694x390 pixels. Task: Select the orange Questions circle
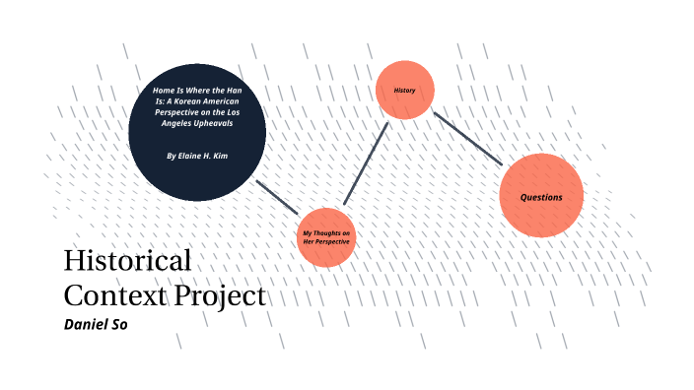coord(541,196)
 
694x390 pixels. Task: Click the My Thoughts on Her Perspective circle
coord(326,237)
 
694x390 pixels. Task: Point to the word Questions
coord(541,197)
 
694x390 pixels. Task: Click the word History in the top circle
coord(404,91)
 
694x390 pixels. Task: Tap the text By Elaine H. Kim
coord(197,156)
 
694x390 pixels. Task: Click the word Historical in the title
coord(127,261)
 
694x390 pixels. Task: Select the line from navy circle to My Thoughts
coord(278,197)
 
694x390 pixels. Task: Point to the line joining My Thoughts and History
coord(364,162)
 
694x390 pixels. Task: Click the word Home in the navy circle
coord(164,91)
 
